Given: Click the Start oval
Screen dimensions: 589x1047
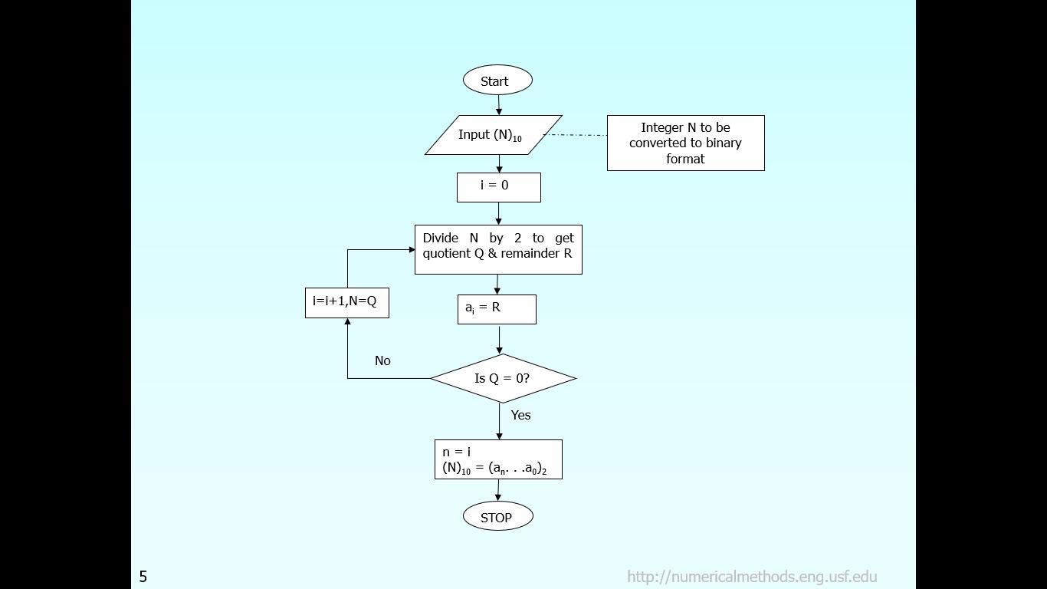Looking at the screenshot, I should click(x=497, y=81).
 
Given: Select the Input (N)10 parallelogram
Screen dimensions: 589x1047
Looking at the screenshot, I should click(x=494, y=135).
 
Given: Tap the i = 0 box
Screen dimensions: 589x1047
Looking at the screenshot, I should click(x=498, y=187).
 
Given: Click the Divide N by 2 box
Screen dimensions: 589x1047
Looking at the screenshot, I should click(x=498, y=249).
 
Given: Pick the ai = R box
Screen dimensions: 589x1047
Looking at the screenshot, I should click(x=497, y=309).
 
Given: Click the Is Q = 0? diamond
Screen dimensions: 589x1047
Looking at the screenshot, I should click(x=503, y=378).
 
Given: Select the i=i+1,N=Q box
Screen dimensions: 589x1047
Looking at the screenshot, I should click(x=346, y=302).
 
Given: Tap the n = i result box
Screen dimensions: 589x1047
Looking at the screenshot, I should click(x=498, y=459).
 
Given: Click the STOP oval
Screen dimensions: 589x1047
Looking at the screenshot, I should click(x=497, y=517).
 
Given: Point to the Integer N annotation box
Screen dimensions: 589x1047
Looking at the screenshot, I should click(x=685, y=143).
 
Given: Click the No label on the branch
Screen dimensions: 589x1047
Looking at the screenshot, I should click(x=382, y=360).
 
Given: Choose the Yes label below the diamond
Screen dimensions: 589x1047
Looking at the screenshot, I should click(x=520, y=415).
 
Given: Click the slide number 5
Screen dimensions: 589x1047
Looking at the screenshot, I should click(x=143, y=577).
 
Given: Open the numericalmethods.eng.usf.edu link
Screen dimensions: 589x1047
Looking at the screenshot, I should click(x=751, y=577).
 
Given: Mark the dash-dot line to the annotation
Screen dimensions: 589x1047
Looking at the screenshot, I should click(x=575, y=135).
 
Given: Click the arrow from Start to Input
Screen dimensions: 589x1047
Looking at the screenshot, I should click(x=499, y=105).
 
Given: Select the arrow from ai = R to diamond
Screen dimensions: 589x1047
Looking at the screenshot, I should click(x=499, y=339).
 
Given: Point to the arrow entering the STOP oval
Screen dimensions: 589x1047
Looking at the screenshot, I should click(x=498, y=491).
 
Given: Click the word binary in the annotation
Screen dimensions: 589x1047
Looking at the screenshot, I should click(x=723, y=143).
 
